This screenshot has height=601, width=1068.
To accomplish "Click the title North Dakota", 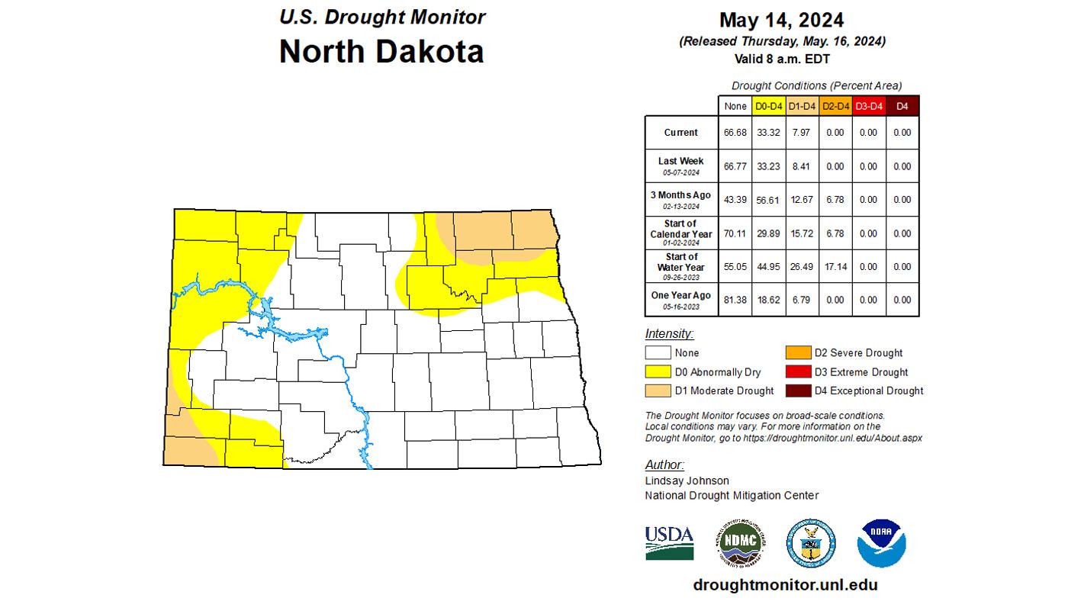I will click(381, 52).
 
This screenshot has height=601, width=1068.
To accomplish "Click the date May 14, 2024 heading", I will click(782, 20).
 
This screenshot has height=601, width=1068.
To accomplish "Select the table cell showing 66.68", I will click(735, 133).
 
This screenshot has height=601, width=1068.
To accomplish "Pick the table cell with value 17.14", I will click(835, 267).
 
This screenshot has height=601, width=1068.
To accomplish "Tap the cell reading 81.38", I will click(735, 300).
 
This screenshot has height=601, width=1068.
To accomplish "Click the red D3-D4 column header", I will click(868, 106).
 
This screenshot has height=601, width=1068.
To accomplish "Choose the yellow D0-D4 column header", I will click(768, 106).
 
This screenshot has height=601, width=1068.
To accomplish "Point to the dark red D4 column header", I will click(902, 106).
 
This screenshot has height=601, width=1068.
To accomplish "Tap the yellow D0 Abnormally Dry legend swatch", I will click(658, 372).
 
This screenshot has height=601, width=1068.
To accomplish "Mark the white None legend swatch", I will click(658, 353).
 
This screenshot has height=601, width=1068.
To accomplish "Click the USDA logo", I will click(669, 542).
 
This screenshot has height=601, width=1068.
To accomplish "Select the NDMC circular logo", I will click(740, 544).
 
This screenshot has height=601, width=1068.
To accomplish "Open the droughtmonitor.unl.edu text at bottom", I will click(785, 585).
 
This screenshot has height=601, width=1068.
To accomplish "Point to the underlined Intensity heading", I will click(669, 334).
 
